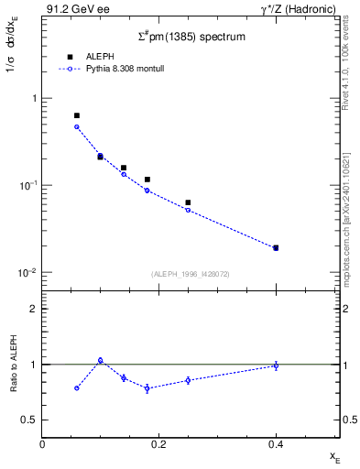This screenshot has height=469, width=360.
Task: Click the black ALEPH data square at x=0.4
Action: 276,247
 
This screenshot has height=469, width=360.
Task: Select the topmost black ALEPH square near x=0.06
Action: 77,115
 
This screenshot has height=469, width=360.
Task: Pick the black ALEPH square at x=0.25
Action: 188,202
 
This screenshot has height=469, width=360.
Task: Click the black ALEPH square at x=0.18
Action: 147,180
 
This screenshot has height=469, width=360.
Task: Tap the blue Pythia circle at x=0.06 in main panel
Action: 77,126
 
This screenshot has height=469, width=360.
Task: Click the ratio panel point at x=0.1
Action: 101,360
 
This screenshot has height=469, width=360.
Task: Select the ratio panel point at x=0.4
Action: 276,365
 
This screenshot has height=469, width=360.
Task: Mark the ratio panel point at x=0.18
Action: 147,388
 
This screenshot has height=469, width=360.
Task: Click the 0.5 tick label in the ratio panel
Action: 31,420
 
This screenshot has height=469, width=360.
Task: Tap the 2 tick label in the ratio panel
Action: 34,309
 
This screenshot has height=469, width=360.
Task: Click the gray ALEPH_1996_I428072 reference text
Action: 191,274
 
